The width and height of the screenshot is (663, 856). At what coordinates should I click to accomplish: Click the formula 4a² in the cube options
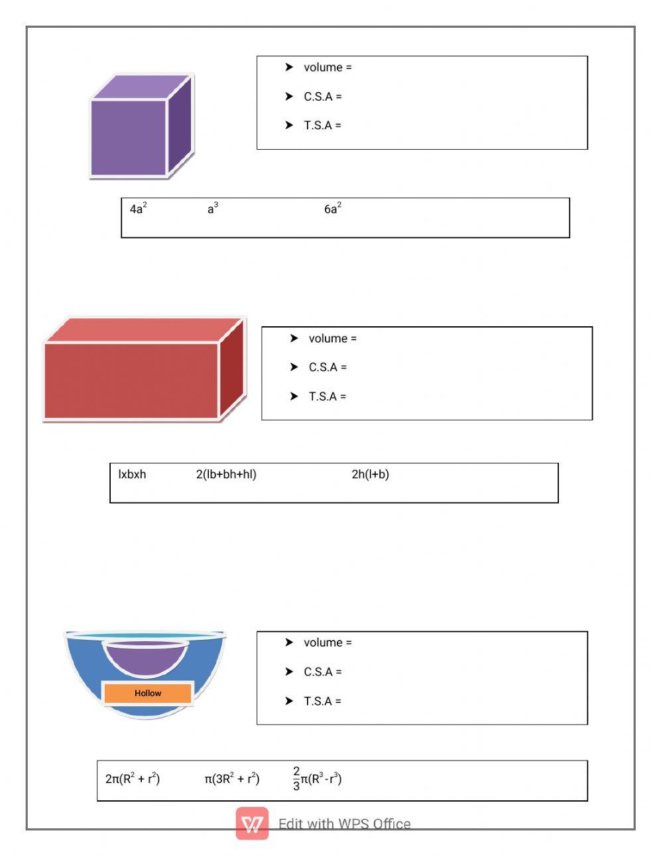click(138, 209)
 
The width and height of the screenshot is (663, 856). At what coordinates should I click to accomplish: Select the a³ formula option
click(213, 209)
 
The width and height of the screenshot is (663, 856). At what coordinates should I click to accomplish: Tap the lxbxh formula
click(132, 474)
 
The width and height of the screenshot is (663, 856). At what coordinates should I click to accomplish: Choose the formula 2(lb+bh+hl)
click(226, 474)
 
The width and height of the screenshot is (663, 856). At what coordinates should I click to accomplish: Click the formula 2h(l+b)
click(370, 474)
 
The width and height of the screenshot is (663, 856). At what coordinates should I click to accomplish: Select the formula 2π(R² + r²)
click(133, 779)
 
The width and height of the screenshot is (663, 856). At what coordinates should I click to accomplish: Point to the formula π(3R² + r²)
click(232, 779)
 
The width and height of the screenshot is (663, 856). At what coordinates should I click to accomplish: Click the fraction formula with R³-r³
click(317, 779)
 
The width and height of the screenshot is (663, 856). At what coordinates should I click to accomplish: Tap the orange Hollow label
click(148, 693)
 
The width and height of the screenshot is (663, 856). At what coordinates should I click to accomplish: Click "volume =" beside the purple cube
click(328, 68)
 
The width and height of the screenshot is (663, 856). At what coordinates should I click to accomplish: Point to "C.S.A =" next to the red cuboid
click(328, 367)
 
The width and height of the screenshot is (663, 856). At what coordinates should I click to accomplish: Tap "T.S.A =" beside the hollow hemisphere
click(322, 701)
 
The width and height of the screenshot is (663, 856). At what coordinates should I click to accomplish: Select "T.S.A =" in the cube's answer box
click(322, 125)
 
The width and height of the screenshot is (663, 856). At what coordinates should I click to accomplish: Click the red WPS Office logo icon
click(253, 824)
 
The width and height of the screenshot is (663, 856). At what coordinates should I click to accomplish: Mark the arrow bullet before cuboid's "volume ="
click(294, 338)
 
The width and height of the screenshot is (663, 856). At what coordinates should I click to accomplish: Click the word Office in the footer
click(392, 824)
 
